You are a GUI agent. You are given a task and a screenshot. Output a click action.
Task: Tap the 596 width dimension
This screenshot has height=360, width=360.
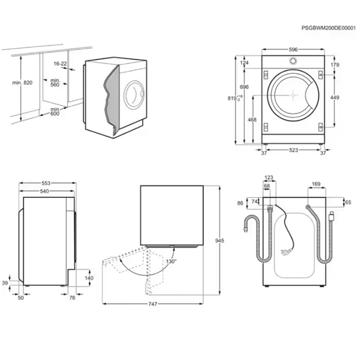(293, 50)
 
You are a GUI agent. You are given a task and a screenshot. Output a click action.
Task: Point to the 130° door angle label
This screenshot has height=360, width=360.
(171, 261)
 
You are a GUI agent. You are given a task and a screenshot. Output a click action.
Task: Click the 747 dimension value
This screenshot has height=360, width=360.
(153, 304)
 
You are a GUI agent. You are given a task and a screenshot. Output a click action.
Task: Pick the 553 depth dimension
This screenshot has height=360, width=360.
(46, 183)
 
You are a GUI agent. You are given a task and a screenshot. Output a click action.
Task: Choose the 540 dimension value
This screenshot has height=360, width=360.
(44, 191)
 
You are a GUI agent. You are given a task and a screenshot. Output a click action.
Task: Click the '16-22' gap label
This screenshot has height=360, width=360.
(60, 63)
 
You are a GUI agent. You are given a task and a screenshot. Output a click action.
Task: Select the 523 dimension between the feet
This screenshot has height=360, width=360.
(293, 150)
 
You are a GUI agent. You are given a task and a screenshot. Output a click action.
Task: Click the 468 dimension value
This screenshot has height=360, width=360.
(252, 120)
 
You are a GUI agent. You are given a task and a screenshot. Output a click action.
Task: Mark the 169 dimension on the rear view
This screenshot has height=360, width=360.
(316, 184)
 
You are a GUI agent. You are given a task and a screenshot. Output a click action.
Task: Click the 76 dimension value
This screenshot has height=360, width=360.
(72, 298)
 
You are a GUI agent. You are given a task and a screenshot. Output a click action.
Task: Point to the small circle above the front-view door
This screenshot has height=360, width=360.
(293, 60)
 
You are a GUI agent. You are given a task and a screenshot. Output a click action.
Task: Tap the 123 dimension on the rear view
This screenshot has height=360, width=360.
(269, 177)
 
